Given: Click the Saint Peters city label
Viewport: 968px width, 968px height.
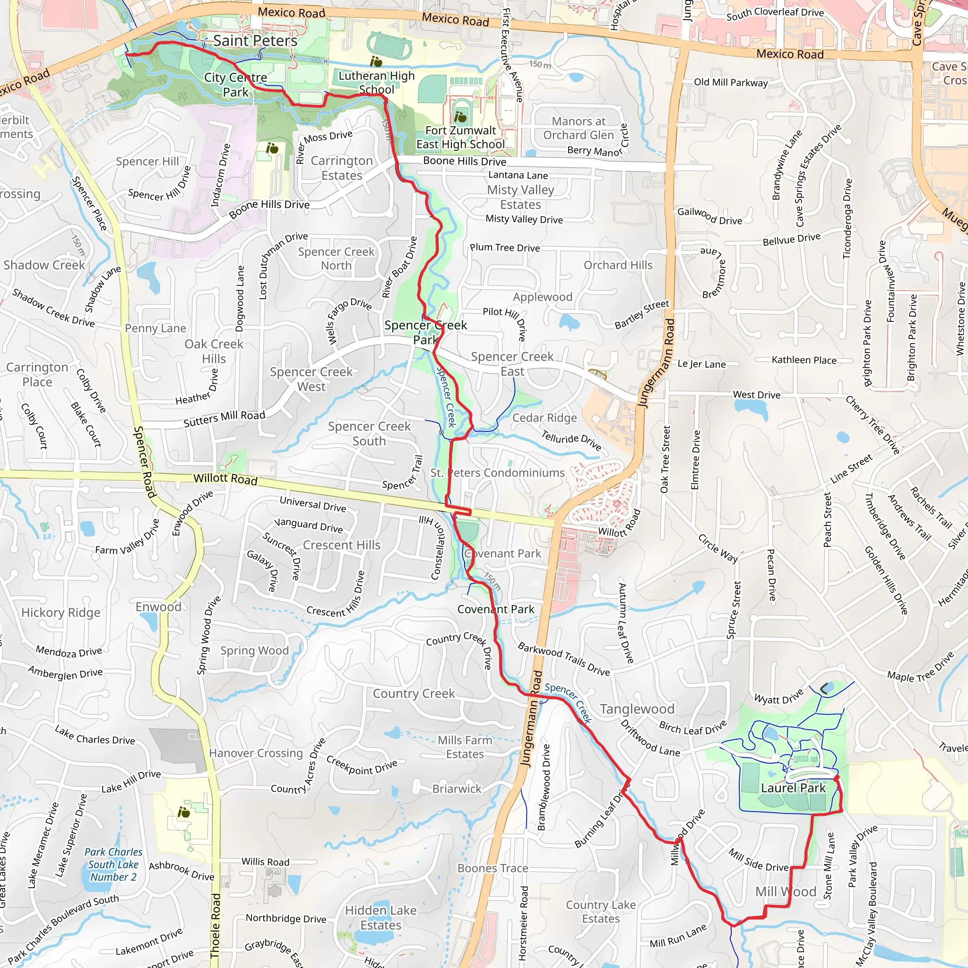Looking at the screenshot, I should click(x=255, y=41).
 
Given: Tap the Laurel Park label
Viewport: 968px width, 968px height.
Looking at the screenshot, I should click(x=793, y=788).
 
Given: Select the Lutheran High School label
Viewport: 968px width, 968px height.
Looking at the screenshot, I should click(x=376, y=83).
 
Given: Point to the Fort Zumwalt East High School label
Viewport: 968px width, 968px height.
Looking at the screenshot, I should click(x=460, y=137).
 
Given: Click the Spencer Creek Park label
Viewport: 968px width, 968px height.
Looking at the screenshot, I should click(x=425, y=332).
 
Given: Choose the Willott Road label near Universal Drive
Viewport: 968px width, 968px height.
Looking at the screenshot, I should click(x=225, y=478).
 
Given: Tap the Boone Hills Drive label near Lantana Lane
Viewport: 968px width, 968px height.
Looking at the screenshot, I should click(x=465, y=161).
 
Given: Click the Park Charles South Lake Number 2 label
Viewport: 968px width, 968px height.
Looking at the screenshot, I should click(x=113, y=864).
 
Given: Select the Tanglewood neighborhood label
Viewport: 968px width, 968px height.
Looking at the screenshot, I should click(x=637, y=709).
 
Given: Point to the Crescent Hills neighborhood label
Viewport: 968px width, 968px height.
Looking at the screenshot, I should click(x=341, y=544).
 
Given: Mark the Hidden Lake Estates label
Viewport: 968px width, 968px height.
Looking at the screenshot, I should click(x=380, y=917).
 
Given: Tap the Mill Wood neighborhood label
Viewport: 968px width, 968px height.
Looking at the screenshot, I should click(x=786, y=891).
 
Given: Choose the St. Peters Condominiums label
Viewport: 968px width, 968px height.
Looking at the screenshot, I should click(x=497, y=473).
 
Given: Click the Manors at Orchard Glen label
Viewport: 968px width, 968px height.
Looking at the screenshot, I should click(x=578, y=128).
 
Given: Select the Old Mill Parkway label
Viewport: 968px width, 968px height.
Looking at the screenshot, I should click(x=731, y=83).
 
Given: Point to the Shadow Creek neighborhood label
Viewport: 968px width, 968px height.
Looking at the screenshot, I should click(x=44, y=265).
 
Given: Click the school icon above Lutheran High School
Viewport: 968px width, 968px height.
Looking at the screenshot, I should click(x=376, y=61).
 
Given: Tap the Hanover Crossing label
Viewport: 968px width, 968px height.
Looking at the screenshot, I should click(x=256, y=753).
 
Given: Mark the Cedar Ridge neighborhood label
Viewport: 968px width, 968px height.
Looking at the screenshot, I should click(x=544, y=418).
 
